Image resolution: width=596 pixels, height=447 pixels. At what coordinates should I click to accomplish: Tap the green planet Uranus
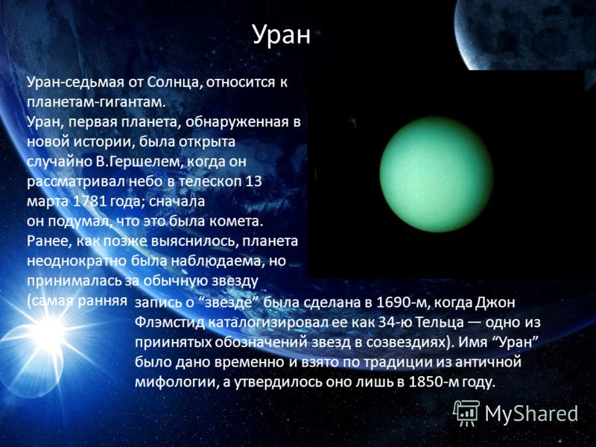click(437, 174)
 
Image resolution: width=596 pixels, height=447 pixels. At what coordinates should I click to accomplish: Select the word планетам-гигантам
click(97, 103)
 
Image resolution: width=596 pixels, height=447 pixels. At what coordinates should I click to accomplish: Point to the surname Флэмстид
click(171, 323)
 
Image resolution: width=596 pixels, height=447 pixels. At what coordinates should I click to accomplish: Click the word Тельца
click(440, 323)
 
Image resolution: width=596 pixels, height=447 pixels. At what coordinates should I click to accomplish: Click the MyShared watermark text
click(531, 413)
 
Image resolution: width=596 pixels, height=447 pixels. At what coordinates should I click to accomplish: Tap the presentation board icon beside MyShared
click(466, 413)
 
